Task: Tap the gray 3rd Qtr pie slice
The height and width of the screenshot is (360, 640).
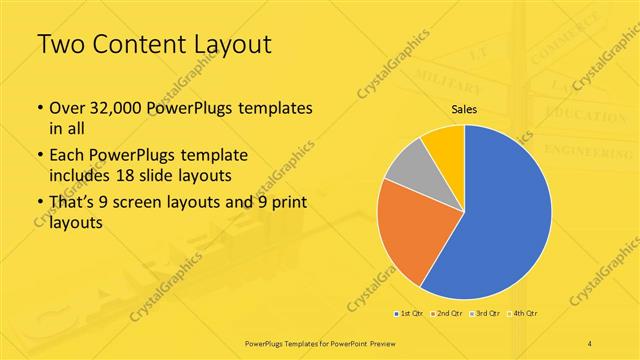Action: click(406, 170)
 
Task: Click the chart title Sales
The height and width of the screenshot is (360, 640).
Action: click(464, 111)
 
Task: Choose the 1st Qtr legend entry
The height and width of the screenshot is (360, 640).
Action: click(409, 314)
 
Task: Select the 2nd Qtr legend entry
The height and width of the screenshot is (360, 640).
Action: click(447, 314)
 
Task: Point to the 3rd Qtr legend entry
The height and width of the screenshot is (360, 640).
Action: click(485, 314)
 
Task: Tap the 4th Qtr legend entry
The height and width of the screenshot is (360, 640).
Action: click(523, 314)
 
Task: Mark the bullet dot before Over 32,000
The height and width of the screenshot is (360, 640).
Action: click(39, 108)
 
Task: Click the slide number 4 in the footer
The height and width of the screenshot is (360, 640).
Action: click(590, 343)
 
